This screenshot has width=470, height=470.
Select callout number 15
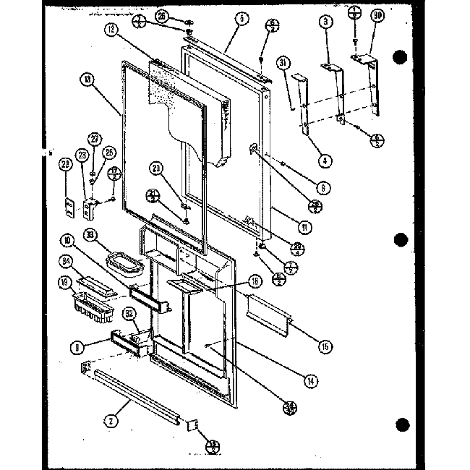point(325,347)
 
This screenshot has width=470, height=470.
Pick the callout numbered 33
point(90,234)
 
